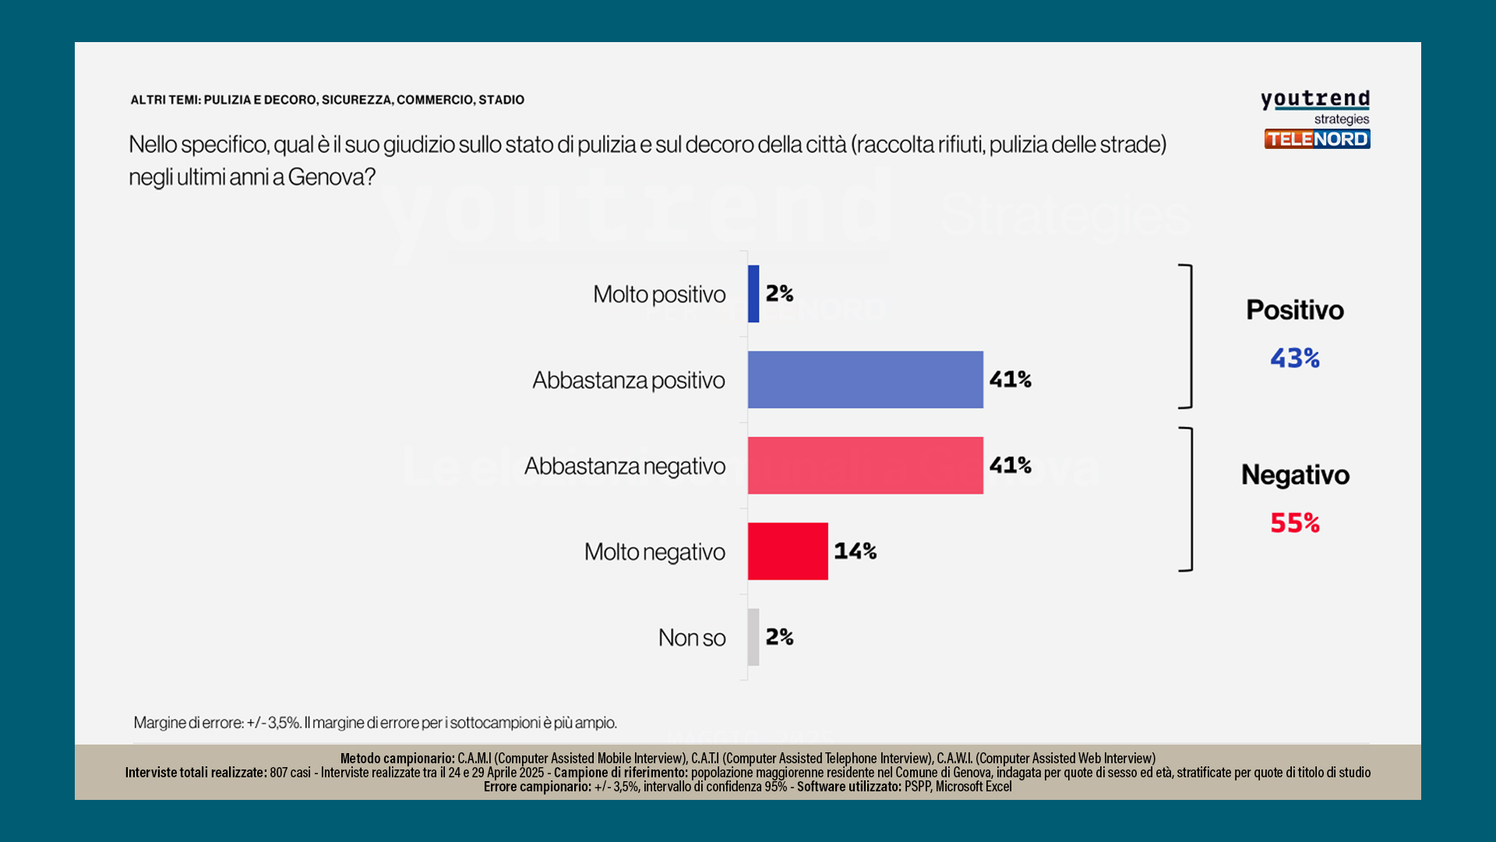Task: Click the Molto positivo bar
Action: (753, 294)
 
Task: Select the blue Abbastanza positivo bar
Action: (865, 380)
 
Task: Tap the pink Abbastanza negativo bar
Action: (865, 465)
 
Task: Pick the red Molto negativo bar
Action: (788, 551)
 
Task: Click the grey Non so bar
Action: (753, 637)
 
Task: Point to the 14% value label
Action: (855, 551)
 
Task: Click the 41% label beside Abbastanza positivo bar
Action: (1010, 380)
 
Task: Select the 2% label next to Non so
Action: (779, 637)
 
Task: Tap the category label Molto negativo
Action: (654, 552)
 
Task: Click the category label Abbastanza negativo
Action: (624, 466)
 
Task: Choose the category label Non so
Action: (691, 638)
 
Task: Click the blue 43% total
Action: (1295, 358)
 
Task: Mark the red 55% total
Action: (1295, 522)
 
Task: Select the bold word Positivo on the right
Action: (1295, 310)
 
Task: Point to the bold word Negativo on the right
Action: (1295, 475)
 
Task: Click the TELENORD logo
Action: (1317, 139)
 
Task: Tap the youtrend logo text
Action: (1315, 100)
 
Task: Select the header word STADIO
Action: (501, 100)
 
